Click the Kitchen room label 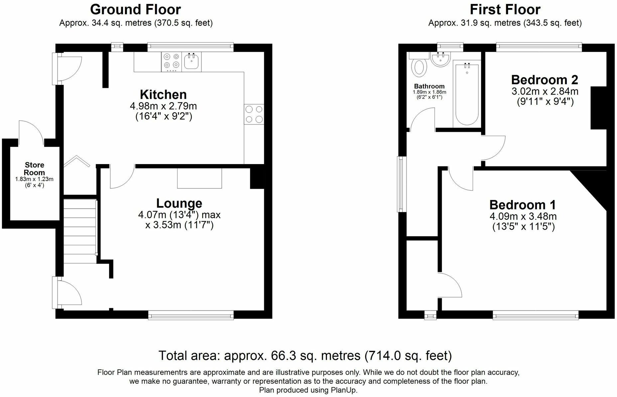(163, 95)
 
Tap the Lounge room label (179, 203)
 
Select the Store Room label (35, 169)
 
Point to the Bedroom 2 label (545, 80)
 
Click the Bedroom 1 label (523, 205)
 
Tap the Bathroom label (429, 86)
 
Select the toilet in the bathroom (419, 66)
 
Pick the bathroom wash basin (440, 59)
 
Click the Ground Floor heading (135, 10)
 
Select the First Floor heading (505, 10)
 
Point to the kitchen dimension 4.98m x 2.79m (163, 106)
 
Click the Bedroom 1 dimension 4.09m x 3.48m (523, 216)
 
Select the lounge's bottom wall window (191, 315)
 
